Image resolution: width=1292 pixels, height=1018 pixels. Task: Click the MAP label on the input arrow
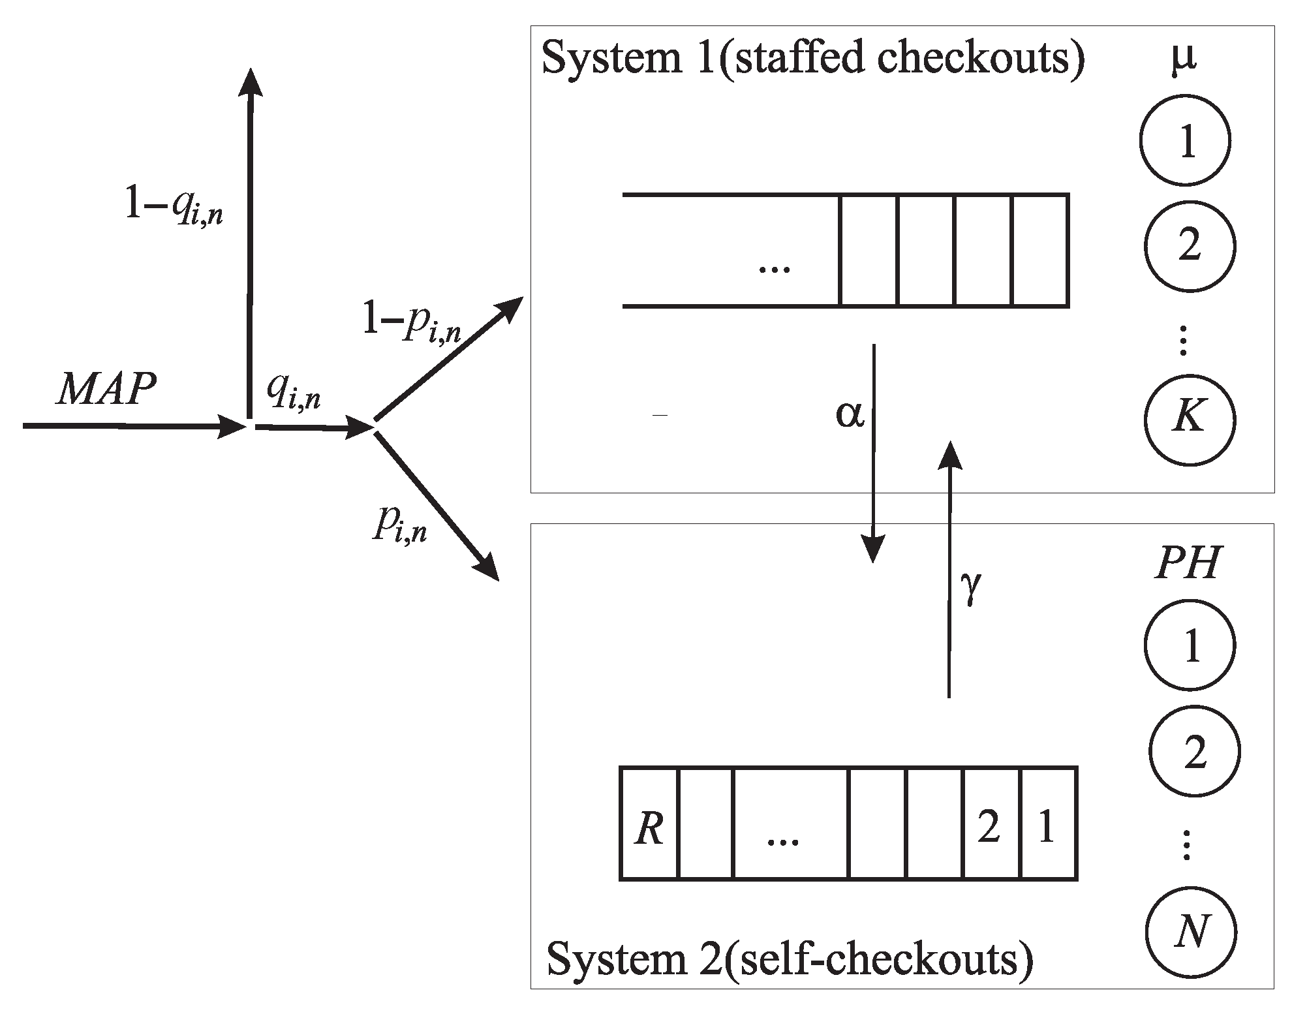(106, 390)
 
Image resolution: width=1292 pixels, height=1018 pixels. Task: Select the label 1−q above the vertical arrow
(174, 208)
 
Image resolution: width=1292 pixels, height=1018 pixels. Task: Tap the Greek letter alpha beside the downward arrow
(850, 415)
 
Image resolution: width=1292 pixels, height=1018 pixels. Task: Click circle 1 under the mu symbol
(1185, 141)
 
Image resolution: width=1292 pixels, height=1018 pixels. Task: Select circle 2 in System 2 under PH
(1194, 752)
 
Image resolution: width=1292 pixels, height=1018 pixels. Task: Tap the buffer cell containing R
(649, 824)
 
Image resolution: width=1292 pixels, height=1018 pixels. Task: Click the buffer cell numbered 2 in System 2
(991, 824)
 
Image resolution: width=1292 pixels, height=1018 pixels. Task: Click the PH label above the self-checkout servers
(1187, 563)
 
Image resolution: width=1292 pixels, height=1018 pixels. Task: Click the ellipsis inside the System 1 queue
(775, 268)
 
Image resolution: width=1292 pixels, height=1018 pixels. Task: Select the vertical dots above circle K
(1184, 342)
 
